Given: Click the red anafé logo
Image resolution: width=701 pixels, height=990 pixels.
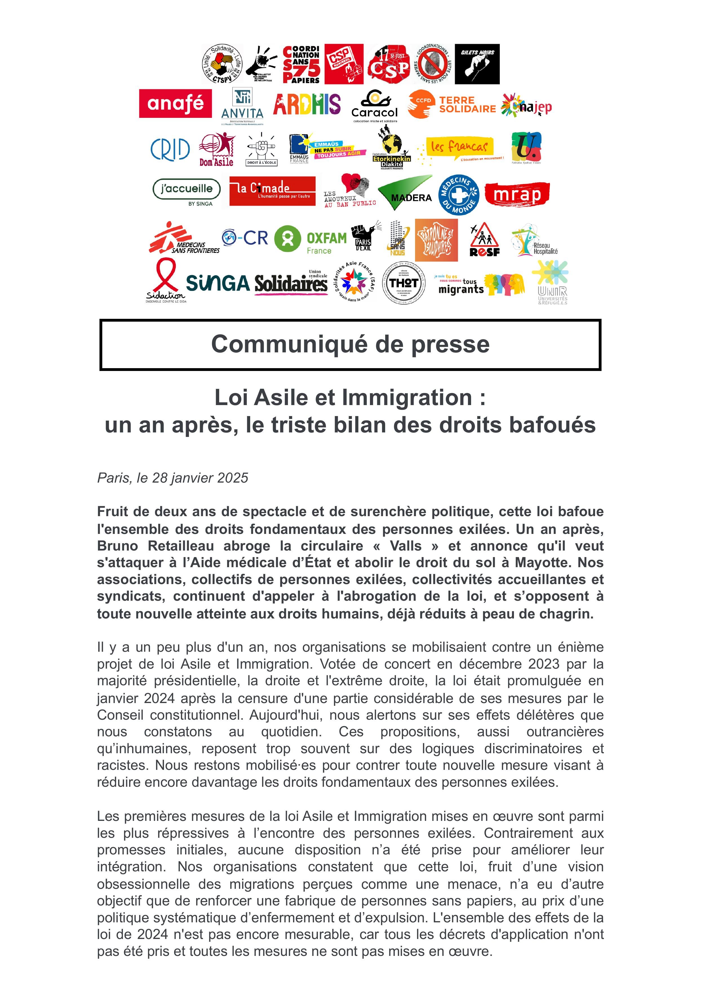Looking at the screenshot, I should [x=175, y=104].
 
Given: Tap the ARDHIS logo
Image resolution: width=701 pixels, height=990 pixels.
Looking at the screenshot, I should [x=307, y=105].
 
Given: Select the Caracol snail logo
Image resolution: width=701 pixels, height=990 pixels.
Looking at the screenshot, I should [x=374, y=105].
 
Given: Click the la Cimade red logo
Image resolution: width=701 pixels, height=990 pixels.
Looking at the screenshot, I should [x=272, y=191].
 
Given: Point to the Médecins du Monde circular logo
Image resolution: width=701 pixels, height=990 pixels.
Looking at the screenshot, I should [x=458, y=195].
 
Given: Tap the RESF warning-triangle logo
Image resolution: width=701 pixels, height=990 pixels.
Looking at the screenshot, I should [x=484, y=240].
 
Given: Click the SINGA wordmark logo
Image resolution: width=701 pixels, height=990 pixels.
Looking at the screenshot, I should [x=218, y=284].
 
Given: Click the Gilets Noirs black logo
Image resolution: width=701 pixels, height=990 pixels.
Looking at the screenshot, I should [x=477, y=64].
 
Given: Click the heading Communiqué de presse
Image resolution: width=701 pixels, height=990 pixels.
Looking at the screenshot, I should [x=350, y=344].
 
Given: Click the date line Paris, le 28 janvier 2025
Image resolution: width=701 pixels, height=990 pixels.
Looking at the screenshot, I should [x=173, y=478].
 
